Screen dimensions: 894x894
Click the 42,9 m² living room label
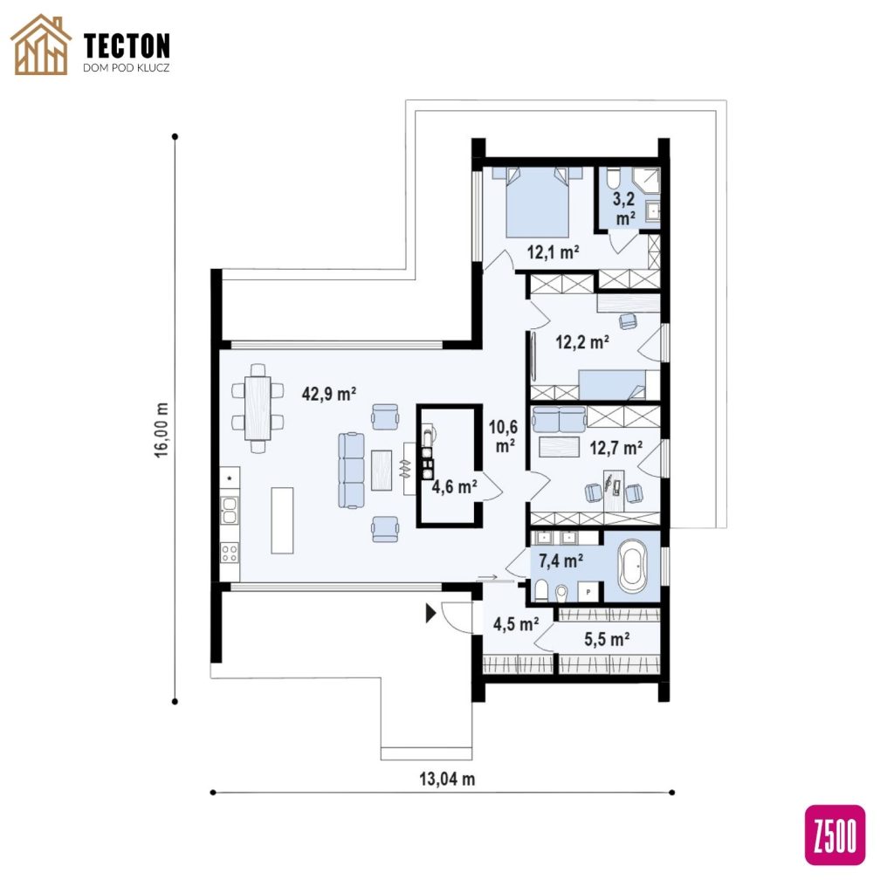tap(329, 394)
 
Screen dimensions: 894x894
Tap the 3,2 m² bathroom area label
tap(624, 209)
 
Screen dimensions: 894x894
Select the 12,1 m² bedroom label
tap(553, 251)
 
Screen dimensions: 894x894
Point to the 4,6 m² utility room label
tap(454, 487)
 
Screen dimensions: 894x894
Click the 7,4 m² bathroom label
tap(561, 561)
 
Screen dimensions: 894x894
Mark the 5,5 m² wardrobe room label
tap(607, 639)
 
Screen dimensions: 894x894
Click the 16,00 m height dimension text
tap(162, 430)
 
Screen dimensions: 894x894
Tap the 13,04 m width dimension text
tap(447, 779)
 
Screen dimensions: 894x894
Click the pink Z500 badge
tap(835, 835)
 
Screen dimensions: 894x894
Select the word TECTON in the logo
tap(127, 45)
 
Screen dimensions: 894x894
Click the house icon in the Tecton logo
tap(42, 45)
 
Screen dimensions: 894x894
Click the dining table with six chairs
tap(258, 408)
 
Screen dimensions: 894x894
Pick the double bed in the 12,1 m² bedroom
tap(537, 202)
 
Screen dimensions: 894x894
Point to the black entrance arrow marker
tap(431, 613)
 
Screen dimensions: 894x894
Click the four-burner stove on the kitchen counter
tap(230, 552)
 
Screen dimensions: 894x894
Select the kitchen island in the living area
tap(282, 520)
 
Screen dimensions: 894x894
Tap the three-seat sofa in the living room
tap(351, 470)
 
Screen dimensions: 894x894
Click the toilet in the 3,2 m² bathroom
tap(613, 178)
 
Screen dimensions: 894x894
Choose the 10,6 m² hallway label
tap(503, 437)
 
